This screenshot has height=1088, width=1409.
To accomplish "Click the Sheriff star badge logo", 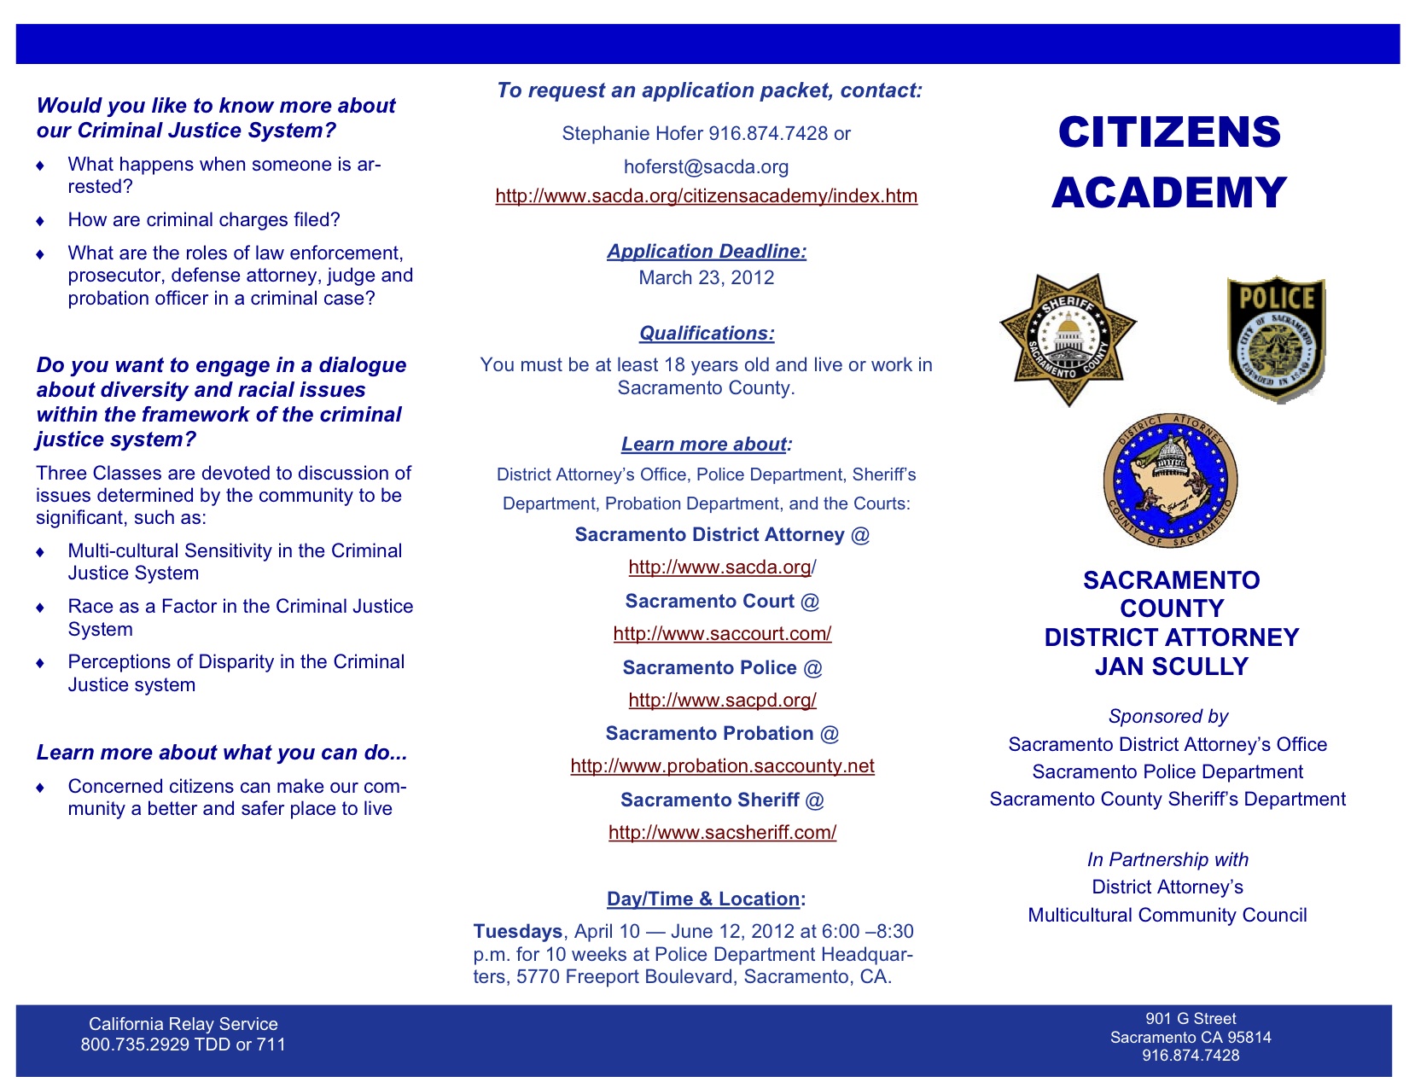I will click(1068, 339).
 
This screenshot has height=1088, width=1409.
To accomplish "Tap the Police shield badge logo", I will click(1276, 338).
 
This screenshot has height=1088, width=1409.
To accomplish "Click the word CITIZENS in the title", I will click(1169, 132).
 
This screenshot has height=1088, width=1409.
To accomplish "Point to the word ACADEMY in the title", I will click(1169, 193).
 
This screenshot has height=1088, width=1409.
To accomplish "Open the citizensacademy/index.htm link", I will click(707, 196).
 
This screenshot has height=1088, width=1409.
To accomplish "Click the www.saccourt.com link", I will click(722, 634).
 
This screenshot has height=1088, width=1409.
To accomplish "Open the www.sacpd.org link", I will click(722, 701).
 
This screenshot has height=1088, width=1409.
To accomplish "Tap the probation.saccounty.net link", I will click(722, 766).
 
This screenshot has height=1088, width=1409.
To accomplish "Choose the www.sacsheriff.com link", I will click(722, 833).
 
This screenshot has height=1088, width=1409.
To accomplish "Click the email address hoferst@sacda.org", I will click(706, 167).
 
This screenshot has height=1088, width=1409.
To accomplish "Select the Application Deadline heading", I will click(707, 252).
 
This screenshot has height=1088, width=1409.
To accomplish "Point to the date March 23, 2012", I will click(707, 278).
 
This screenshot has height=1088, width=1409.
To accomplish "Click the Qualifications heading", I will click(707, 334).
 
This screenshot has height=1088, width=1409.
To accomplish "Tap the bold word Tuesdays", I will click(517, 932).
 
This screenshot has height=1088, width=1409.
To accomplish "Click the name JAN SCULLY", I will click(1171, 667).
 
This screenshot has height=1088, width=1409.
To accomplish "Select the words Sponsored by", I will click(1167, 717).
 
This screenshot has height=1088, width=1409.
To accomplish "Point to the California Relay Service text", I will click(183, 1024).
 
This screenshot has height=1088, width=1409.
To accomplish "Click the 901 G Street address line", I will click(1191, 1019).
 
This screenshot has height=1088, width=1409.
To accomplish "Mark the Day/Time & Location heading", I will click(705, 899).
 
